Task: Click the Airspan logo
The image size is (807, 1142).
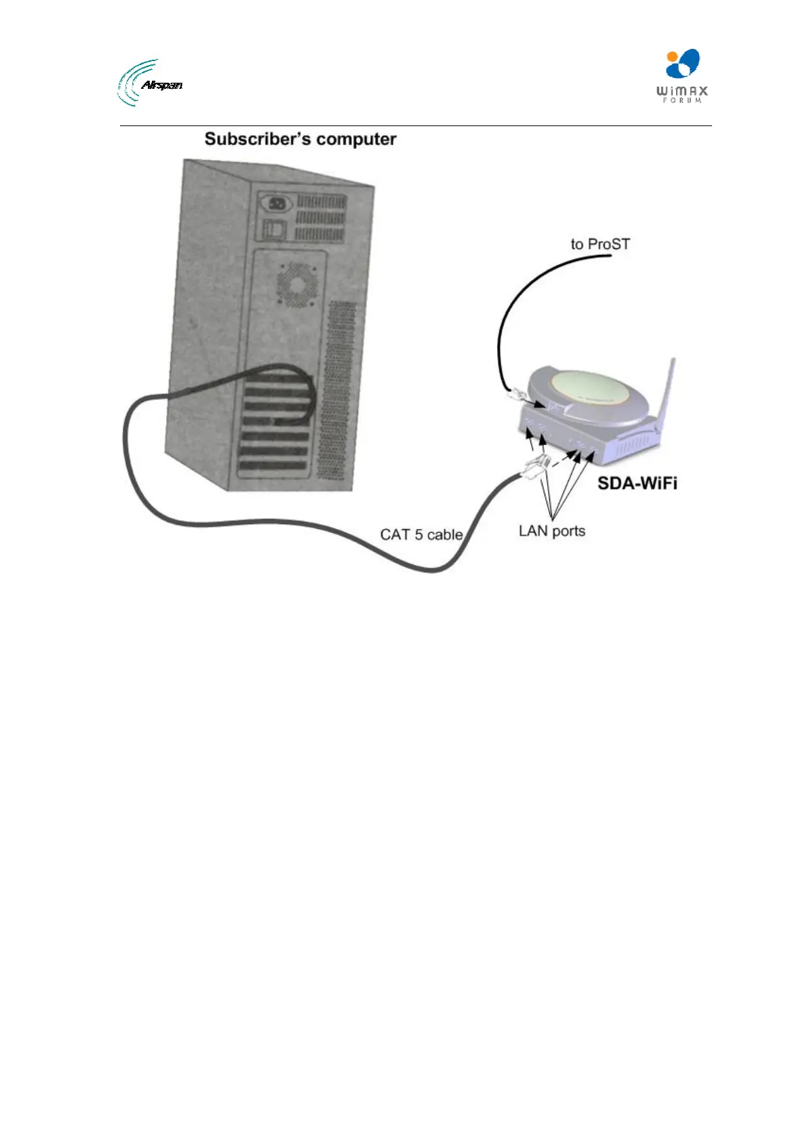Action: (150, 83)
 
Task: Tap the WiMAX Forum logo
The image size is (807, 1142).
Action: (682, 75)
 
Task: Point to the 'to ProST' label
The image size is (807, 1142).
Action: (599, 244)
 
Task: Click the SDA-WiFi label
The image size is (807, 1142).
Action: (637, 484)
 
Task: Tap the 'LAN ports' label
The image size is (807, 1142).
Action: (551, 530)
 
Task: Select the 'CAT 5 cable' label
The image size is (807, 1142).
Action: (421, 534)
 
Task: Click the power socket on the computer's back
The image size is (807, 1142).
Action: (277, 203)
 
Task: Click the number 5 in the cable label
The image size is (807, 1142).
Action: (418, 534)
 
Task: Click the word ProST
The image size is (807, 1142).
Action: (608, 244)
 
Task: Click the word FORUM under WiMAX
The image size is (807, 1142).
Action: (682, 101)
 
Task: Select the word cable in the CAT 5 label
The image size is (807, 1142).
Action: (445, 534)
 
